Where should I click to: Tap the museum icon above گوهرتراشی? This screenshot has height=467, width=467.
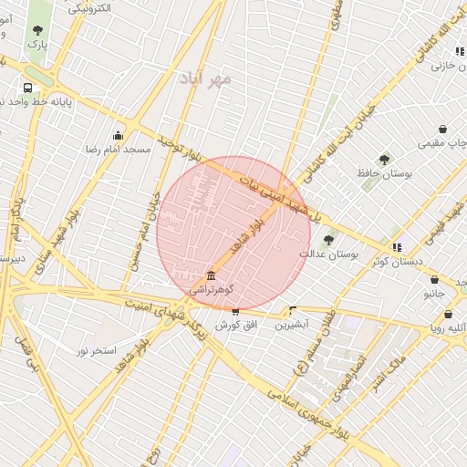211,275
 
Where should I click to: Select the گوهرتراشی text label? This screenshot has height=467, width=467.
212,289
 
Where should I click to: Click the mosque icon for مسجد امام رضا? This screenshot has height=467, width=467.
118,136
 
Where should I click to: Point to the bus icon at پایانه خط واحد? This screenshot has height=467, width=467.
28,88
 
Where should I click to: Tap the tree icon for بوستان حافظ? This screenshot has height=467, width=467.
384,160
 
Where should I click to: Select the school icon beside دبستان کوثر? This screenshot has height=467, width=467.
397,246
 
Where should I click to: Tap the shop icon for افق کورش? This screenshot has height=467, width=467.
235,311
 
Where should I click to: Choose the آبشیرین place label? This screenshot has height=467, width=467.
293,324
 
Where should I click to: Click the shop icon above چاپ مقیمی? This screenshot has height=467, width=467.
442,130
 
